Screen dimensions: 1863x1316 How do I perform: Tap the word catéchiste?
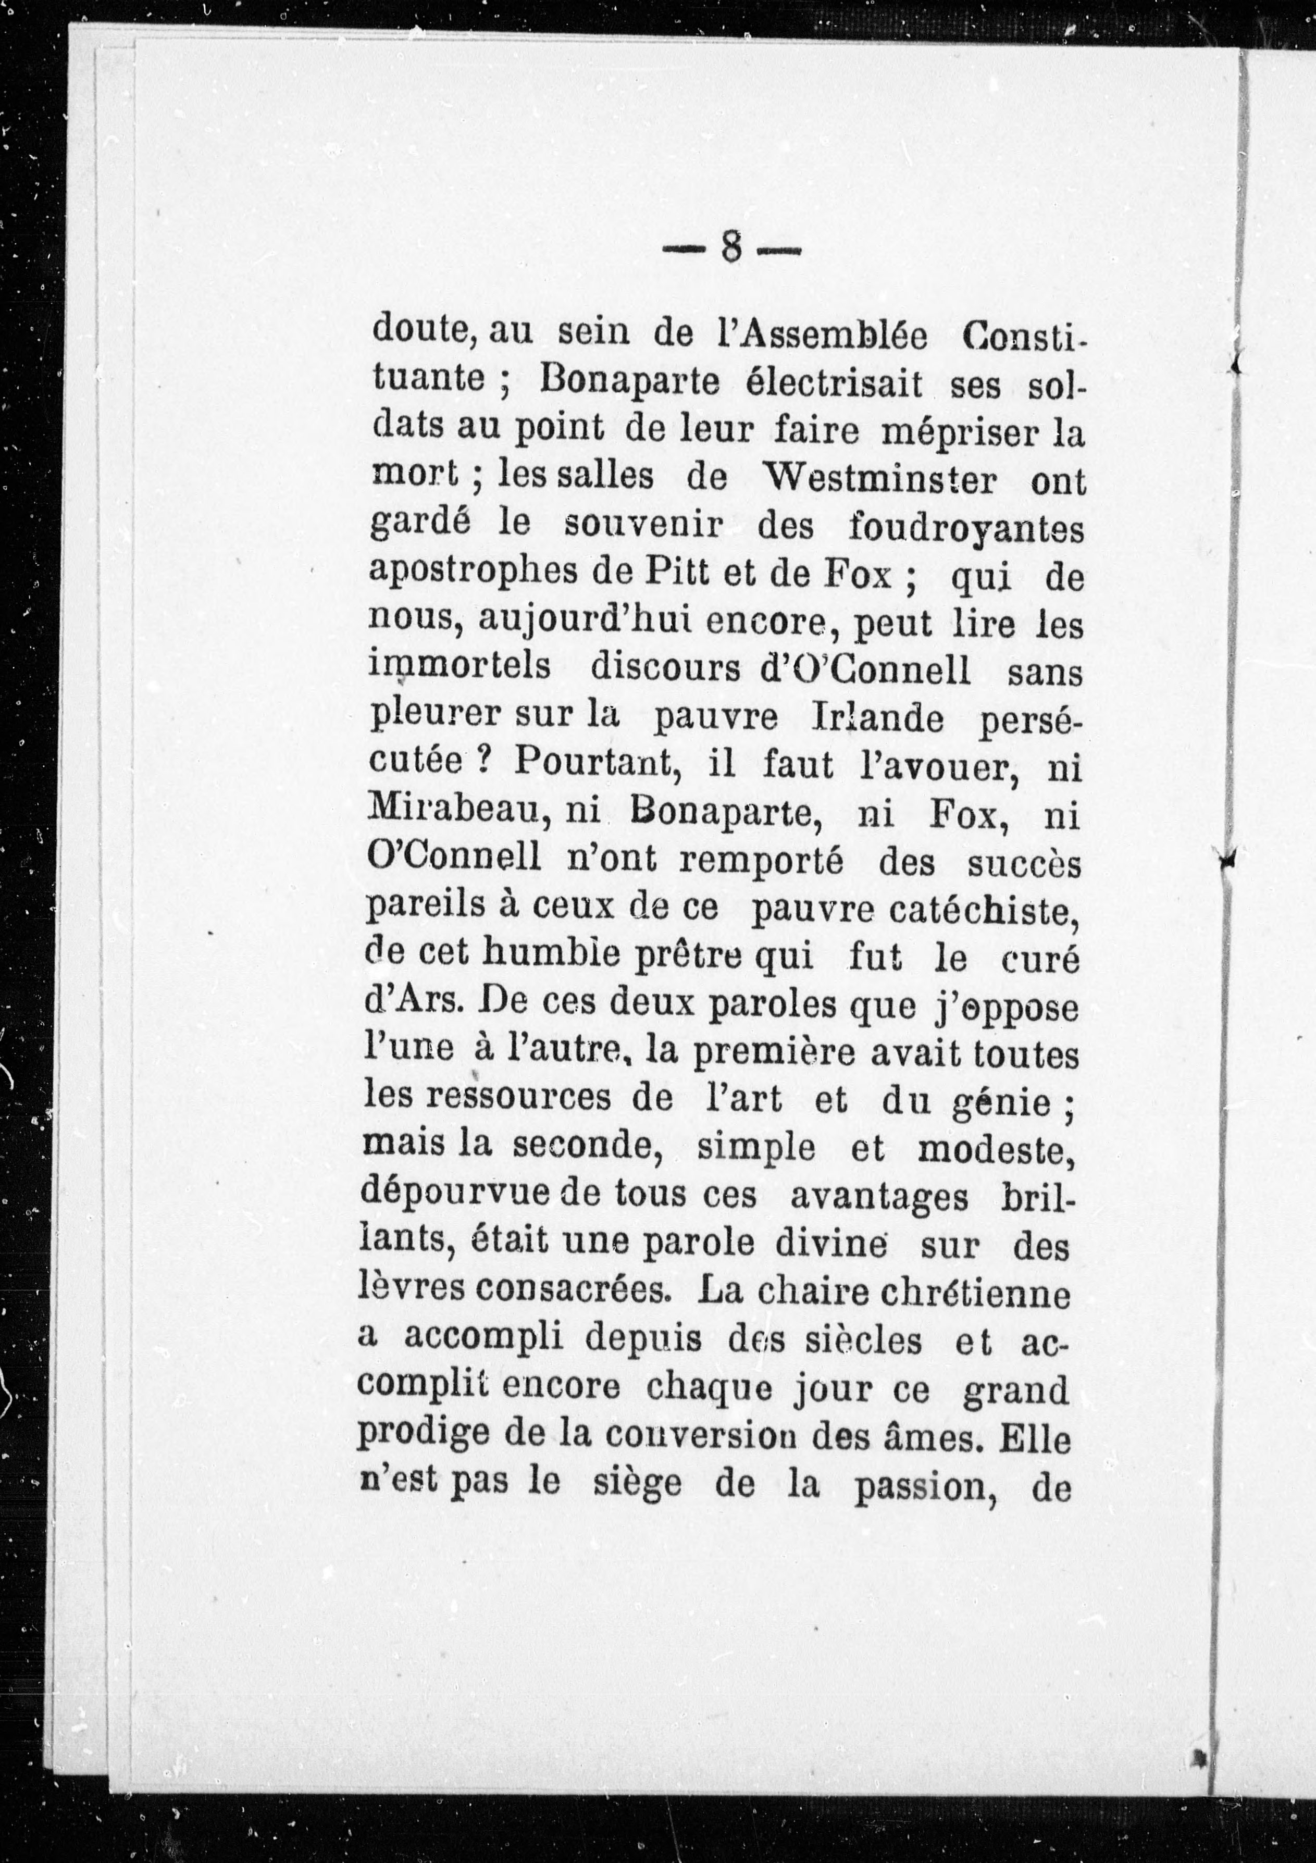[x=983, y=911]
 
